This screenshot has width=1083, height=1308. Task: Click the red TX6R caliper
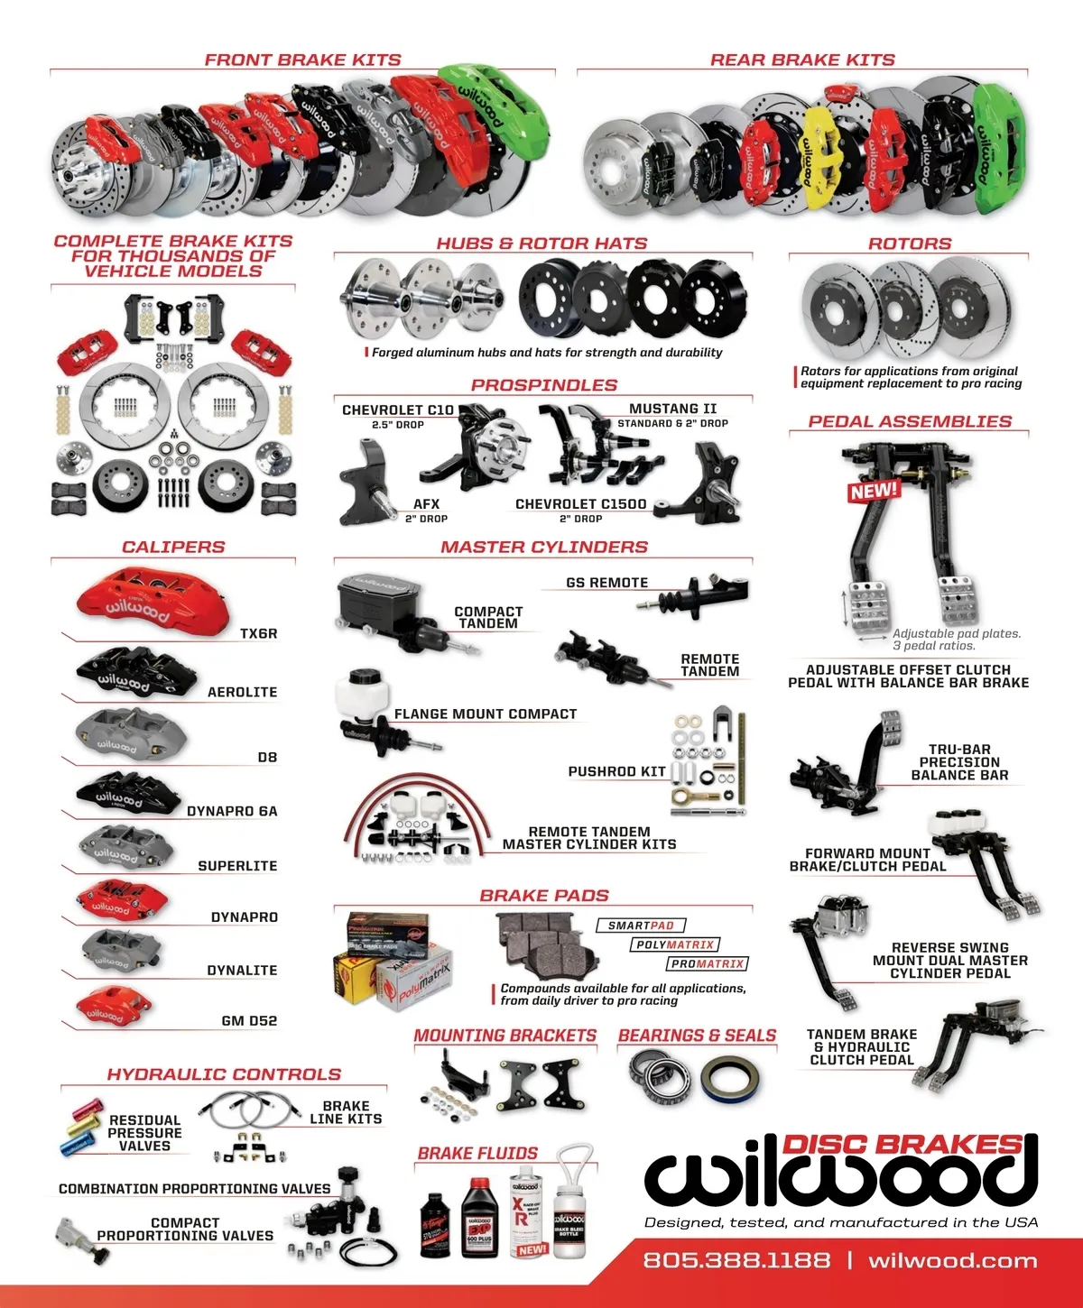135,597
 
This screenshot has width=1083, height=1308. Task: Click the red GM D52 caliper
113,1006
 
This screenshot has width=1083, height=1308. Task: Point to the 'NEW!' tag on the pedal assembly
874,491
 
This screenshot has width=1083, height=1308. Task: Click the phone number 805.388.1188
736,1260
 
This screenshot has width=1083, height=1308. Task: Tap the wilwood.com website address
952,1260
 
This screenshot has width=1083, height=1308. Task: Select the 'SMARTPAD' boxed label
641,926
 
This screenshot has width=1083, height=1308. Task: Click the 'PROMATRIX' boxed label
708,964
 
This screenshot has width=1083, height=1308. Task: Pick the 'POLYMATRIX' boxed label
675,944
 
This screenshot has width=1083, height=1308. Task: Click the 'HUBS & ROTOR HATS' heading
541,244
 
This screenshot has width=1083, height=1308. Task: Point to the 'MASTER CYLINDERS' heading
544,547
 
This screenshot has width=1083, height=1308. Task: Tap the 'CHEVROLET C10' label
398,410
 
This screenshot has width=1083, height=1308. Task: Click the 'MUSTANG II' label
672,409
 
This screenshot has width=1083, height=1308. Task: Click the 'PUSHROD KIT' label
616,771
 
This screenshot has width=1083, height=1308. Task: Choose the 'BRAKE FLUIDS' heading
477,1153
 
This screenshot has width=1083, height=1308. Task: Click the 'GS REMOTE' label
606,583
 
